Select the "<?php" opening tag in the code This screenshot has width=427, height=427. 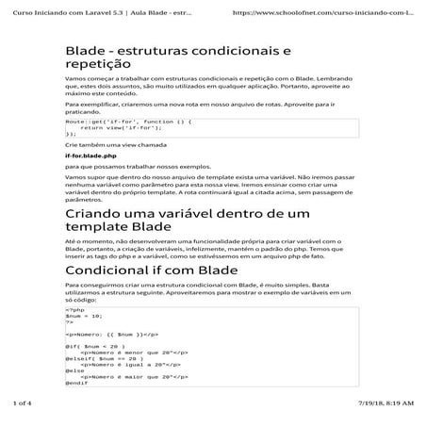pyautogui.click(x=74, y=310)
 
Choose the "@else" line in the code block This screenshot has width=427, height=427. pyautogui.click(x=74, y=370)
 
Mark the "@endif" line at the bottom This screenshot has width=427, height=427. pyautogui.click(x=76, y=383)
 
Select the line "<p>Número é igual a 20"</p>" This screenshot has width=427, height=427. pyautogui.click(x=123, y=365)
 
